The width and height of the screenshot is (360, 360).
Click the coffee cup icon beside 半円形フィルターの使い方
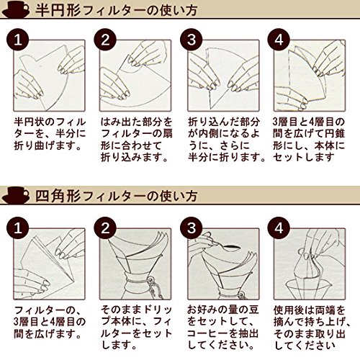pos(16,10)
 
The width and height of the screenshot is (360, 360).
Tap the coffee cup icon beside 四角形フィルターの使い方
pos(16,196)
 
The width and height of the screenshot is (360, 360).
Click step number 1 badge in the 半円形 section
pos(18,40)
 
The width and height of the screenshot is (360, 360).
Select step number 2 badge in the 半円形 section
pos(105,40)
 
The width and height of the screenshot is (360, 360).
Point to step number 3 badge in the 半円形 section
pos(192,40)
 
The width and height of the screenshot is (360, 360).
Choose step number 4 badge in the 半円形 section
pos(279,40)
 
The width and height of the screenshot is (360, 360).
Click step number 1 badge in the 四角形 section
pos(18,228)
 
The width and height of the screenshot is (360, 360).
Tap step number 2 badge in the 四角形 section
pos(105,228)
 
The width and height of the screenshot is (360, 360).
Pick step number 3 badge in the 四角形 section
pos(192,228)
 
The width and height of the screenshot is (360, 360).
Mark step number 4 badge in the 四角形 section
pos(279,228)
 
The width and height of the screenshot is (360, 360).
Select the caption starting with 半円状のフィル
pos(50,134)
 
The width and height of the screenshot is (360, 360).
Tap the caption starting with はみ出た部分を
pos(136,140)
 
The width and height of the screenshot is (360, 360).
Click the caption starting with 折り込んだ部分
pos(227,140)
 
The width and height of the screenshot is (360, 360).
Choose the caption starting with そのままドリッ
pos(136,328)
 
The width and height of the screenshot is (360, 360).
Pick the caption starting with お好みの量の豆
pos(223,328)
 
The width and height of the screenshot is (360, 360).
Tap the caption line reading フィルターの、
pos(48,310)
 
